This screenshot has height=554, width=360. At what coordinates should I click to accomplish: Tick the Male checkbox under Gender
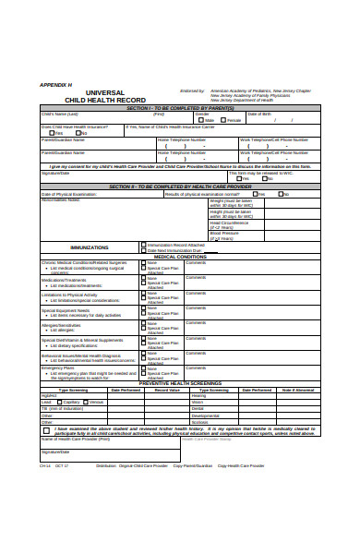coord(199,120)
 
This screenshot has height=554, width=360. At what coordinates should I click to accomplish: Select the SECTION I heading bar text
coord(180,108)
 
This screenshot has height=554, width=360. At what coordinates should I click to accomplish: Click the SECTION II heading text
coord(180,187)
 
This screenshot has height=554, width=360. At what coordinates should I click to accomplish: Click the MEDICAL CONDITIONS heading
coord(180,257)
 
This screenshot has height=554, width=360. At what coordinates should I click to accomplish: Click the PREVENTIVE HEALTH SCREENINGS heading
coord(180,383)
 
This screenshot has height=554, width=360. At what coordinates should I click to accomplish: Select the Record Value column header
coord(167,390)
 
